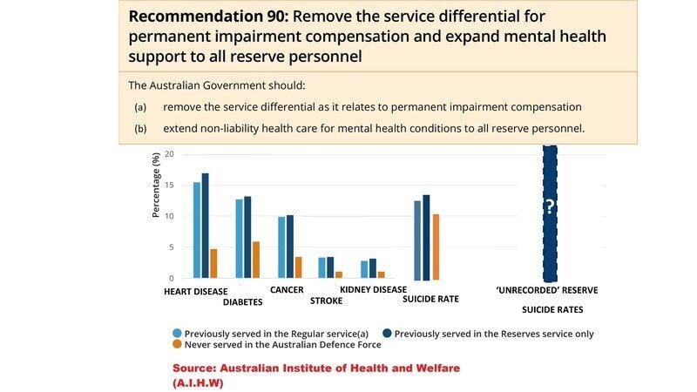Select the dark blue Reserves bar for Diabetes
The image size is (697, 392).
247,237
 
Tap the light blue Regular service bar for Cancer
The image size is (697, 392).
281,247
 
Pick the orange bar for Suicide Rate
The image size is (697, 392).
436,247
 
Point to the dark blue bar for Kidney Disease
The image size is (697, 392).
373,268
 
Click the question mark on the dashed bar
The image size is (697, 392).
550,207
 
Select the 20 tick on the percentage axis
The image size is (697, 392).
170,154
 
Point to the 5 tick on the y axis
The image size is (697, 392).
172,247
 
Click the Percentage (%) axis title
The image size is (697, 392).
157,185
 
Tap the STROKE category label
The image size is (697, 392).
327,301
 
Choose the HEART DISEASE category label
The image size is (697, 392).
195,292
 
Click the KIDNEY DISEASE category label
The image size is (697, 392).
373,289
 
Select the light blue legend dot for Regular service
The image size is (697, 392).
178,333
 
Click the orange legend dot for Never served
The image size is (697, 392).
178,344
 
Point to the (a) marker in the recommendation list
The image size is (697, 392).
139,106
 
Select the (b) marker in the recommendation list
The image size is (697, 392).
139,128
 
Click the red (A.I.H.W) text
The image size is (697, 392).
198,382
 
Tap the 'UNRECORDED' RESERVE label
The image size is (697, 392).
547,290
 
